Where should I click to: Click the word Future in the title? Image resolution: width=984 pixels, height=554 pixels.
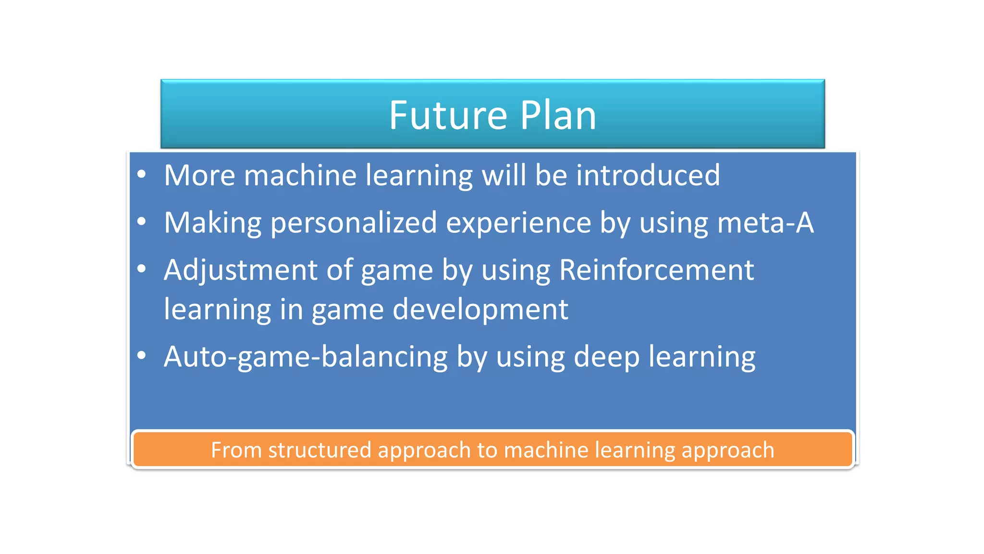(x=448, y=115)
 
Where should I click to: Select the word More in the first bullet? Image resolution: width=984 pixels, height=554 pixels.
(x=199, y=175)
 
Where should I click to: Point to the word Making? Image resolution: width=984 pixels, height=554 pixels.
(x=213, y=223)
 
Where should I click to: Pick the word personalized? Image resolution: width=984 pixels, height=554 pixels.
(x=354, y=223)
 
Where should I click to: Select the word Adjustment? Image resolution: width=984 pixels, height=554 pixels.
(x=240, y=270)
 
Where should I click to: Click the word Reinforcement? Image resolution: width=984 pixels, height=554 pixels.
(x=656, y=270)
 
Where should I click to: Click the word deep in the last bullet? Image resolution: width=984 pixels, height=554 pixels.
(x=606, y=357)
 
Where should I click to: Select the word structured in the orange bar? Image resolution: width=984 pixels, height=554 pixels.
(x=320, y=450)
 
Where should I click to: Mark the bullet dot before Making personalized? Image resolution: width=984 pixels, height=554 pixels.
(x=141, y=222)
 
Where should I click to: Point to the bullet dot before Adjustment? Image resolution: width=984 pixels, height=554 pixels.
(x=141, y=269)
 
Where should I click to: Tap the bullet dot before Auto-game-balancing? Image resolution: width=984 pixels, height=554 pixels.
(x=141, y=356)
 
